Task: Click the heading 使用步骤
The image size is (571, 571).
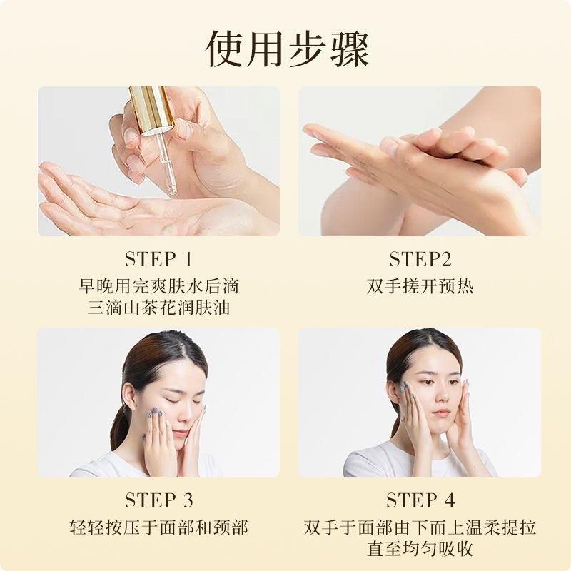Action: (x=288, y=50)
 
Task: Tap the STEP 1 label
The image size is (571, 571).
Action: (x=158, y=259)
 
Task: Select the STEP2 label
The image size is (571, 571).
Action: (x=420, y=259)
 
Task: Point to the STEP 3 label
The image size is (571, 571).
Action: (x=158, y=500)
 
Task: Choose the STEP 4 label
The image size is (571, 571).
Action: (x=420, y=500)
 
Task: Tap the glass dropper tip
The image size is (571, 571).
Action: (x=171, y=190)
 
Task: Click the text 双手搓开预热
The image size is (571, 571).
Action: (x=420, y=286)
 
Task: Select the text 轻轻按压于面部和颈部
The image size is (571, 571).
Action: (x=158, y=527)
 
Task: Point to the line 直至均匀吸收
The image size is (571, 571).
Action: (x=420, y=549)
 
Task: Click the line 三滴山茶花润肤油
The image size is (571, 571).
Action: (x=158, y=308)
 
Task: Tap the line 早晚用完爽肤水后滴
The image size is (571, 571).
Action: (x=158, y=286)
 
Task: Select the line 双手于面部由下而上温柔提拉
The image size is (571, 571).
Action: (x=420, y=527)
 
